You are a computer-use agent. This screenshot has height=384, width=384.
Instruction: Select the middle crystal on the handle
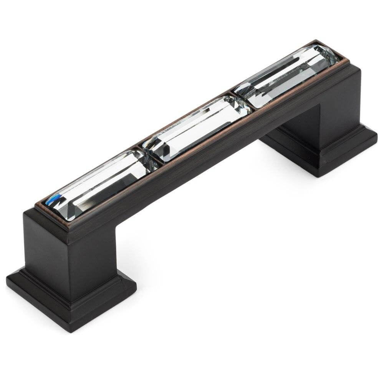pyautogui.click(x=196, y=125)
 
